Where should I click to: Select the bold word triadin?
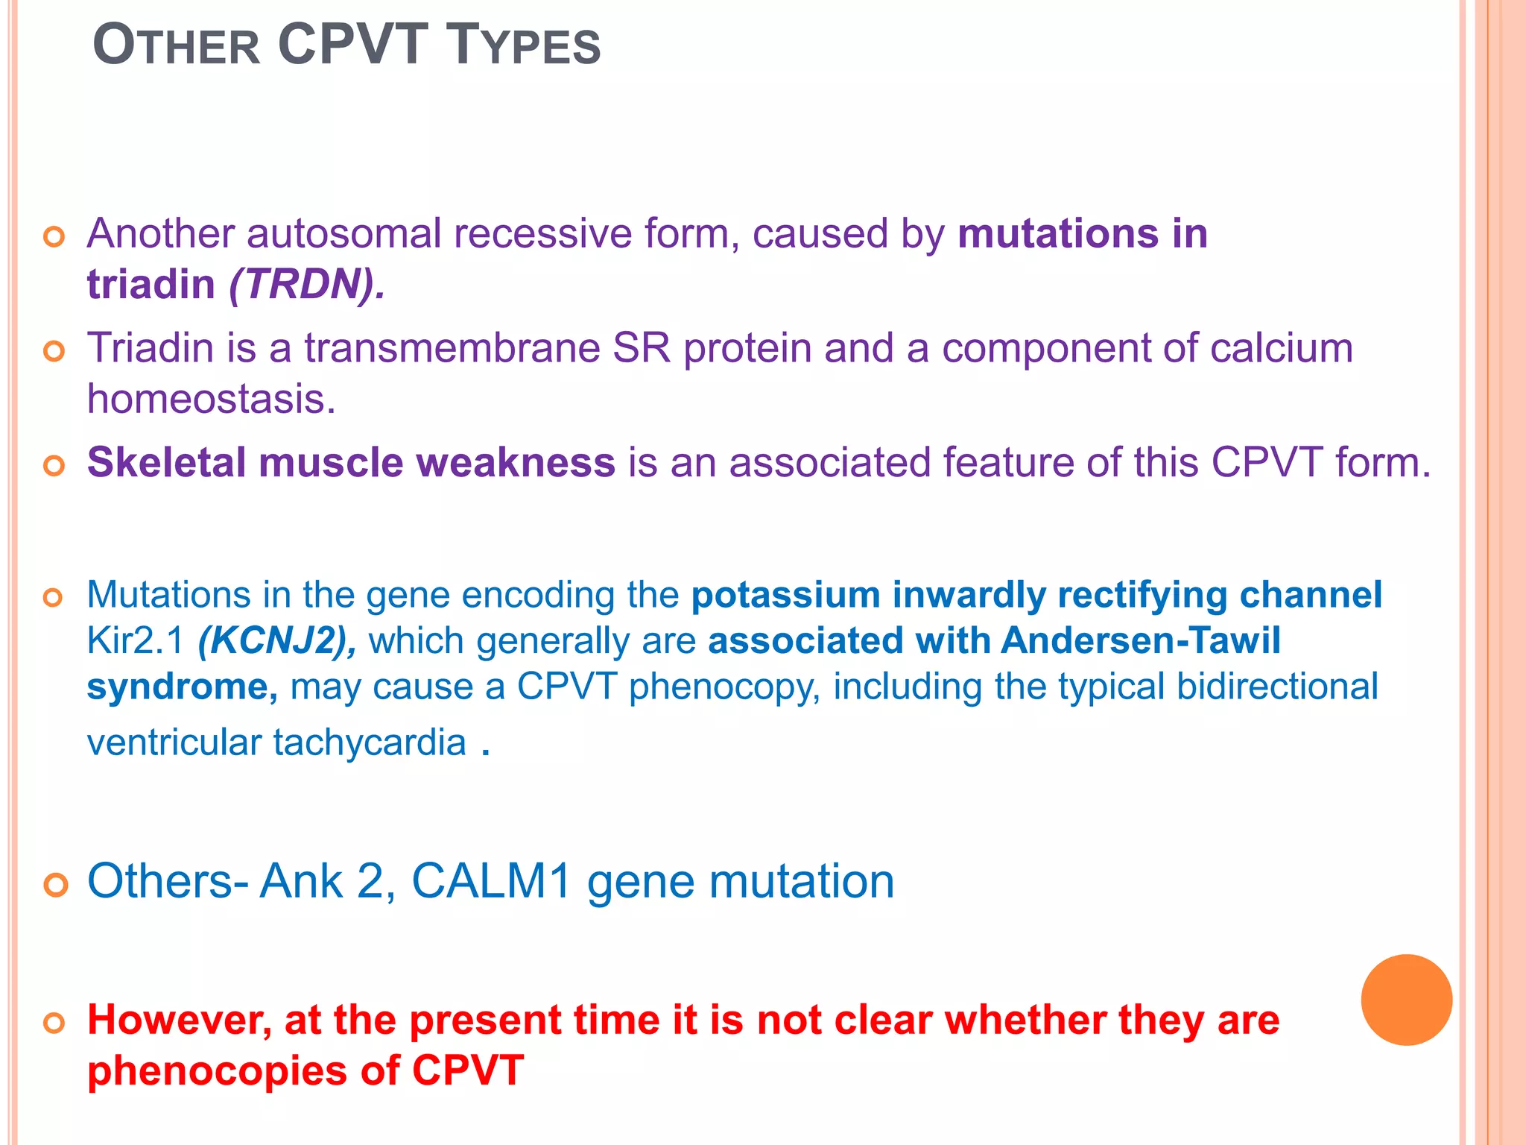click(x=151, y=285)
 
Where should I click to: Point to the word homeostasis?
click(x=211, y=400)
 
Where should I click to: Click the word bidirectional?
click(x=1277, y=687)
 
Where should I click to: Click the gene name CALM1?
click(x=491, y=881)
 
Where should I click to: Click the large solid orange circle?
click(x=1406, y=1000)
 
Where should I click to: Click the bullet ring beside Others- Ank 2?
click(x=56, y=885)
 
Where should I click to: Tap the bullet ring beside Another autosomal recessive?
click(x=54, y=238)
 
